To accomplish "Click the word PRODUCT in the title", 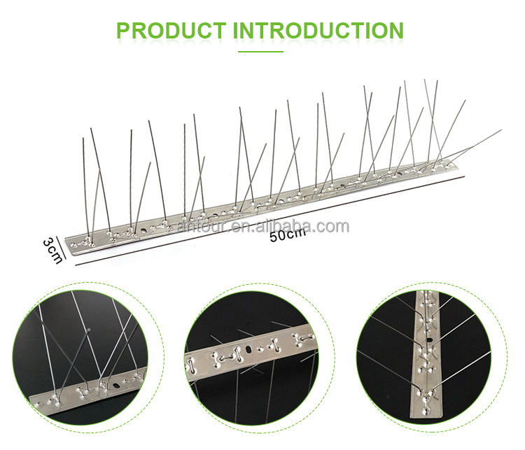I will point(170,31).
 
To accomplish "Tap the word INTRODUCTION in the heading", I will point(318,31).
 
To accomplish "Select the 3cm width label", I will point(51,248).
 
